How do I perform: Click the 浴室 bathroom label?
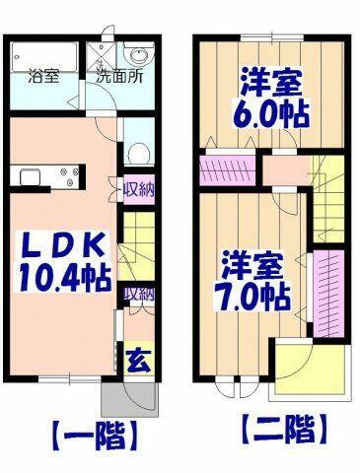pyautogui.click(x=42, y=75)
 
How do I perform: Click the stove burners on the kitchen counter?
pyautogui.click(x=72, y=178)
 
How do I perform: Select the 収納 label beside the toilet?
pyautogui.click(x=137, y=188)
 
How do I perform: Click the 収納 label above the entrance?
pyautogui.click(x=137, y=293)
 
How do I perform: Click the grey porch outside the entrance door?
pyautogui.click(x=128, y=397)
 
